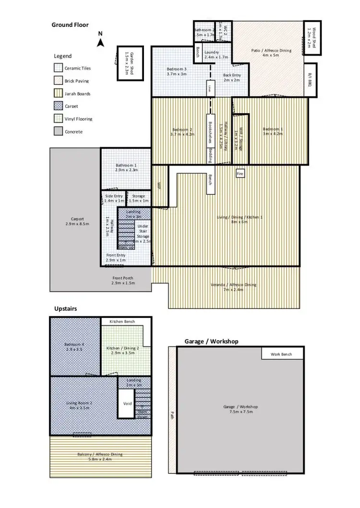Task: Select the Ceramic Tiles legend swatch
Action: click(58, 68)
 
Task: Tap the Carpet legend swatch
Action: click(58, 106)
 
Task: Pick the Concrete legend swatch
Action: click(58, 131)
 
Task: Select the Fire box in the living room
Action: click(240, 174)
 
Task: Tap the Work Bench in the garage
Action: click(283, 354)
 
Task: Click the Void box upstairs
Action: click(127, 403)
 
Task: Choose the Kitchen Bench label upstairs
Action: click(122, 321)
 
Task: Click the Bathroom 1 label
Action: click(126, 167)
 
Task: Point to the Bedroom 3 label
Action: click(177, 71)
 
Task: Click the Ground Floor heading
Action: click(70, 25)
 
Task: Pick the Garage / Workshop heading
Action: click(212, 341)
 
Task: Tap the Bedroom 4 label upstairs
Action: click(74, 346)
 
